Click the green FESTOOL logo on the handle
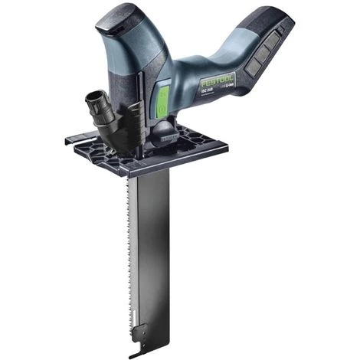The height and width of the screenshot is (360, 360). (x=218, y=79)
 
